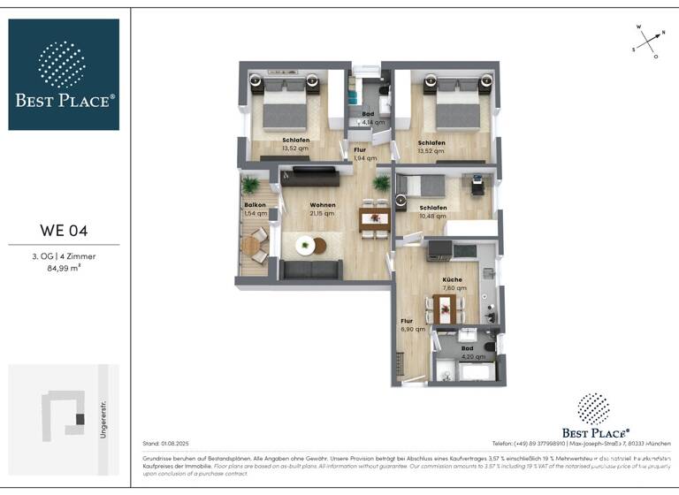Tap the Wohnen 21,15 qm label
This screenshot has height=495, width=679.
click(322, 209)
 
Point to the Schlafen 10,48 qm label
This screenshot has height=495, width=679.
click(433, 212)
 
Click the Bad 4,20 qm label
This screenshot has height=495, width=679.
click(468, 353)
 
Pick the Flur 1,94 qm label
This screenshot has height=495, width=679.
click(360, 154)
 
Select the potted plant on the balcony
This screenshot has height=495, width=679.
click(250, 186)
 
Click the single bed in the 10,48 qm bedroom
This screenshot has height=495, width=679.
click(423, 186)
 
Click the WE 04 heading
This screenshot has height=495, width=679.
click(64, 232)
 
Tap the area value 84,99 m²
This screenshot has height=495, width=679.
click(64, 268)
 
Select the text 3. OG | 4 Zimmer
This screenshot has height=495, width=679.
click(64, 256)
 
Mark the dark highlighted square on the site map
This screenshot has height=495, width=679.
click(80, 419)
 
